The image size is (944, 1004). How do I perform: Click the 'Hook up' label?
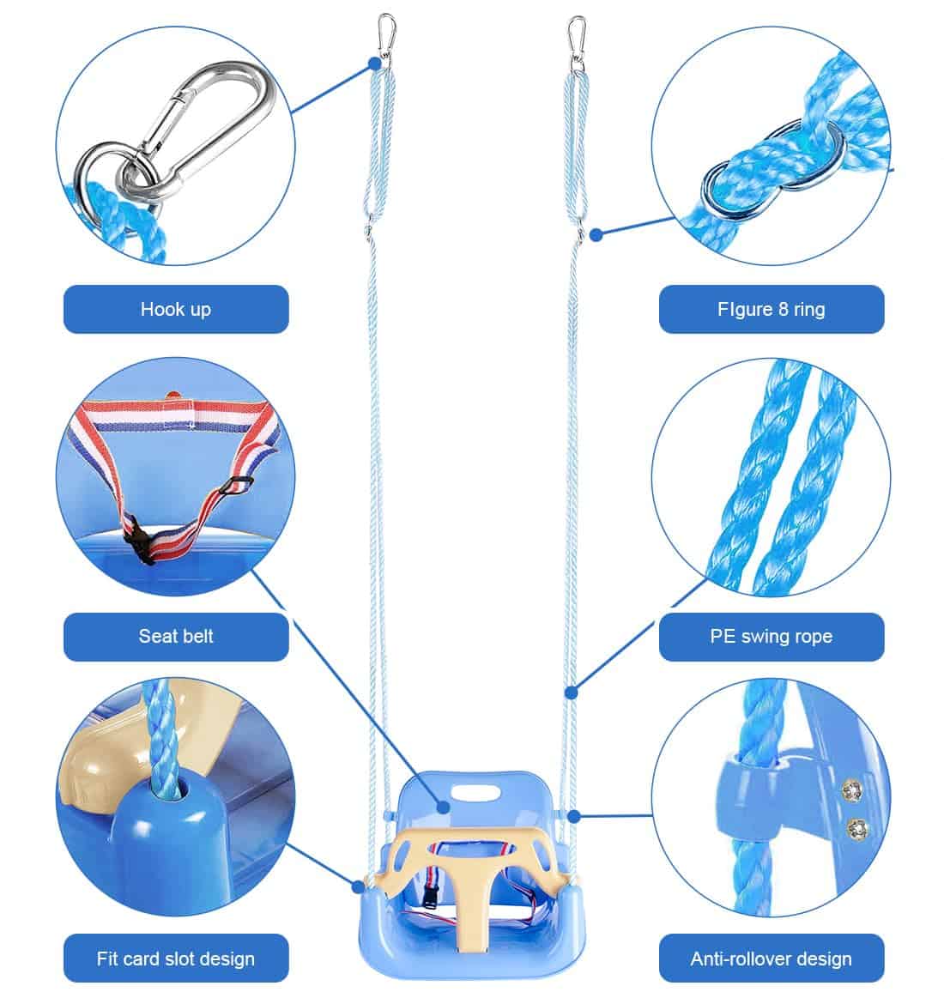(x=176, y=309)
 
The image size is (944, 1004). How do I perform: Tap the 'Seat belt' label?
(x=176, y=636)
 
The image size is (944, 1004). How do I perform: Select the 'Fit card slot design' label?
(x=176, y=959)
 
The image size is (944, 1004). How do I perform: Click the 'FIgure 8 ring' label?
(x=771, y=309)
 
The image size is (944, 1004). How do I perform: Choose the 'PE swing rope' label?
(x=771, y=636)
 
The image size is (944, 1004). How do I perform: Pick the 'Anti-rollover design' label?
(x=771, y=959)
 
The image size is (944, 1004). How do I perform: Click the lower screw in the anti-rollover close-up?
(x=856, y=827)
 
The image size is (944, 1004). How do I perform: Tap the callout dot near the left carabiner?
(x=374, y=63)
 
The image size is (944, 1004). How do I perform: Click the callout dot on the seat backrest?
(x=444, y=807)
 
